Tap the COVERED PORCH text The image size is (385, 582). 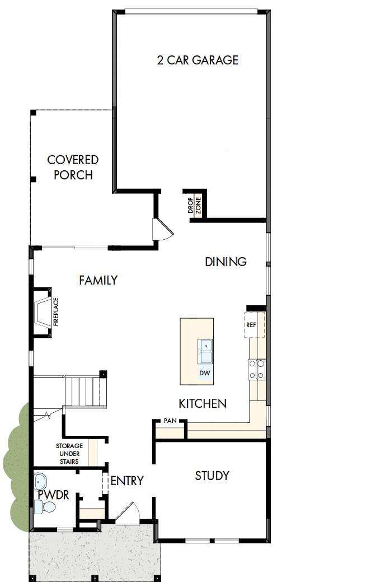(x=73, y=167)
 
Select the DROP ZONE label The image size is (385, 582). (x=194, y=206)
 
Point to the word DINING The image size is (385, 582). (x=226, y=262)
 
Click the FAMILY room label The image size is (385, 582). (x=98, y=280)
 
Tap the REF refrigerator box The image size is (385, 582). (x=252, y=325)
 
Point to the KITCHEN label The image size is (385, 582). (x=203, y=403)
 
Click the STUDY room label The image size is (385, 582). (x=212, y=476)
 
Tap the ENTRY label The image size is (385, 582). (x=127, y=481)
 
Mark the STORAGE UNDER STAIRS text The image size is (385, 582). (x=69, y=454)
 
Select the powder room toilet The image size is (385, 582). (x=46, y=507)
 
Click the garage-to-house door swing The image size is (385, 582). (x=163, y=229)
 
